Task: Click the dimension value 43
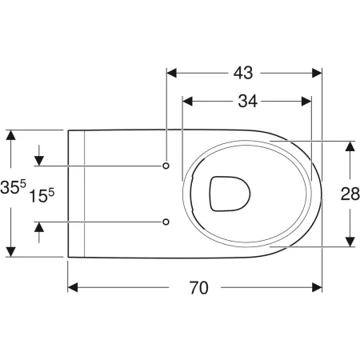[x=244, y=72]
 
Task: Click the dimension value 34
[x=246, y=102]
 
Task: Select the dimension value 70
[x=195, y=288]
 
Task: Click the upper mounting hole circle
[x=166, y=166]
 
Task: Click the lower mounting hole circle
[x=166, y=221]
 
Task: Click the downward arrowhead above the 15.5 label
[x=38, y=159]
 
